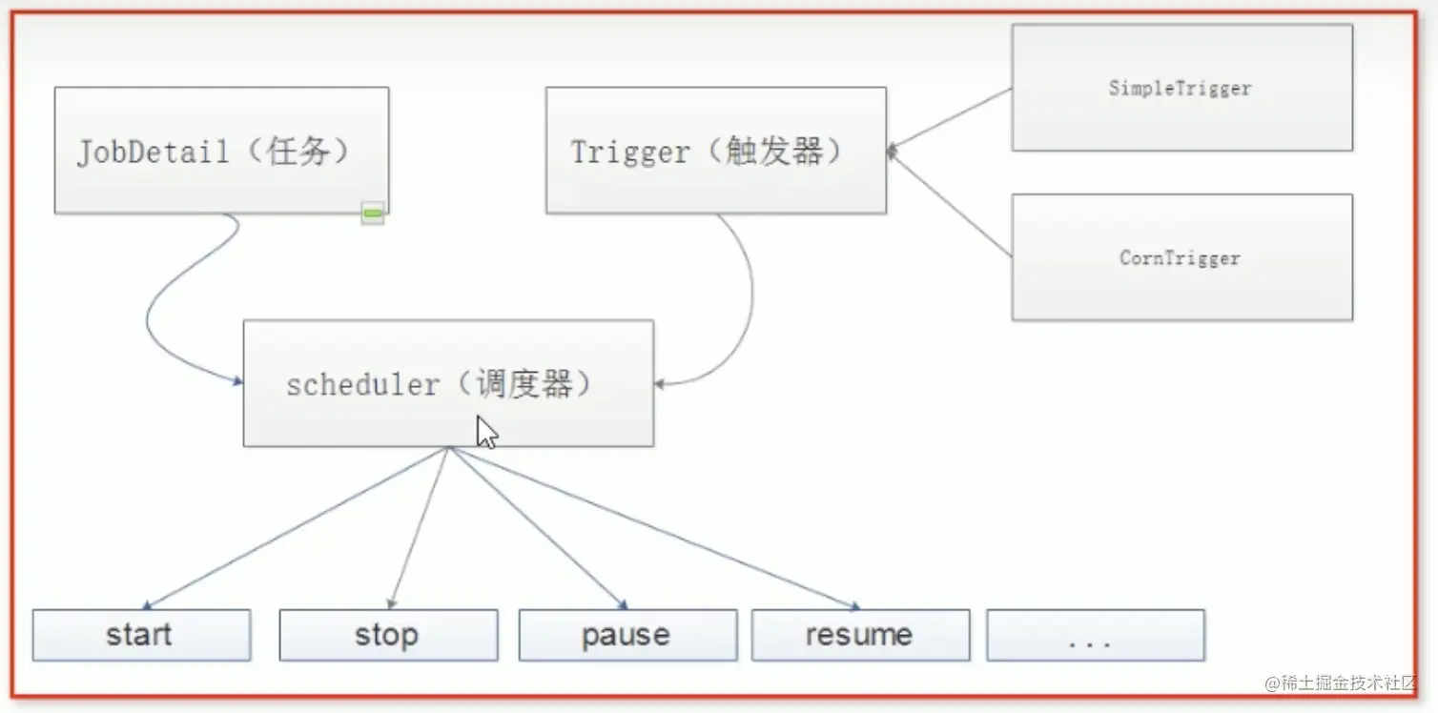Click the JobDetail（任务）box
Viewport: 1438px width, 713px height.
(221, 151)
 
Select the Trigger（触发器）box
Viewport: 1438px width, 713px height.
(715, 151)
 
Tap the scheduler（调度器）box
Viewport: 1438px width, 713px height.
(448, 383)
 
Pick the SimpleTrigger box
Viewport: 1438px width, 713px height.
(1181, 88)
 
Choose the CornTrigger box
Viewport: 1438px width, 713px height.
(1181, 257)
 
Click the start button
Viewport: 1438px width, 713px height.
(141, 635)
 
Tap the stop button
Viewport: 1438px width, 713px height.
(388, 635)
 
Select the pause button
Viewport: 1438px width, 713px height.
(627, 635)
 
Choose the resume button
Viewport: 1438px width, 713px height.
(860, 635)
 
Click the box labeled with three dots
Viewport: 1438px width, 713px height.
(1096, 635)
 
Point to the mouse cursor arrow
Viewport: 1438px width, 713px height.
(485, 431)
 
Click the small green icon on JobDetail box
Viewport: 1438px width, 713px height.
(373, 214)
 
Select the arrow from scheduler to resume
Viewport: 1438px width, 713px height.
(658, 529)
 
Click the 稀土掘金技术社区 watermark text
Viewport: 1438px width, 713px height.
(1340, 683)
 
